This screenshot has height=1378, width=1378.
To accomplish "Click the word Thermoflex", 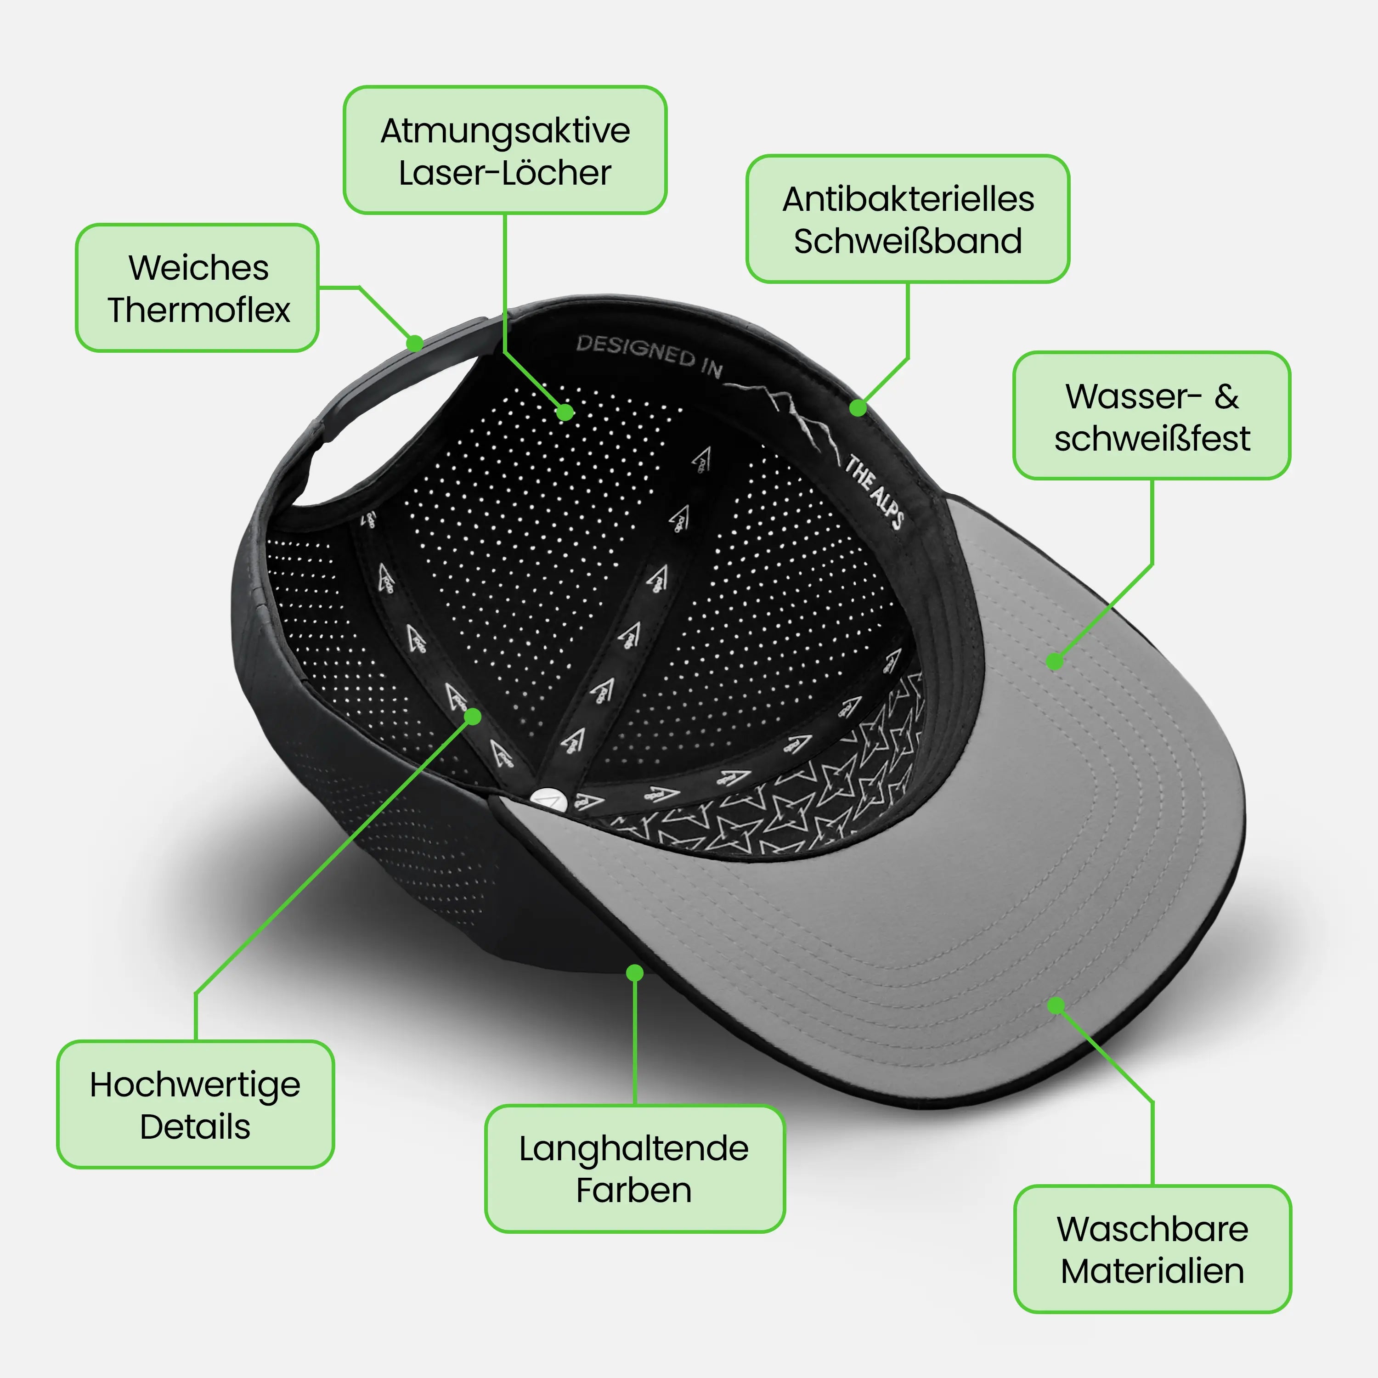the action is [x=199, y=310].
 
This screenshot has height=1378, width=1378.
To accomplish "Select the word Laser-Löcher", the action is [x=505, y=173].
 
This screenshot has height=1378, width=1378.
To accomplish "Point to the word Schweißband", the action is [x=908, y=241].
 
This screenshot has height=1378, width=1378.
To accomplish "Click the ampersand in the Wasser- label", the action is [x=1227, y=396].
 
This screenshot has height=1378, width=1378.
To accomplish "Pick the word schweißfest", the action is [x=1152, y=438].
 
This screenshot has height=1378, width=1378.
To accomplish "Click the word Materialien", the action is [x=1152, y=1271].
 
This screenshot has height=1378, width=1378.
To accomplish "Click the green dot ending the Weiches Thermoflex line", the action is [x=414, y=343].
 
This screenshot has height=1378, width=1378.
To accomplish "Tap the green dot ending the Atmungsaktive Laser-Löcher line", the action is [x=565, y=412].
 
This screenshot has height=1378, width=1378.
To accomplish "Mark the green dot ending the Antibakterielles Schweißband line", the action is [x=858, y=408].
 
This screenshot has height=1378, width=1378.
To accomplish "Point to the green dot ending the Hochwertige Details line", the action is [x=473, y=716].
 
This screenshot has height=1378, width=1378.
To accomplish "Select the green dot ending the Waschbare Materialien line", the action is [x=1056, y=1005].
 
